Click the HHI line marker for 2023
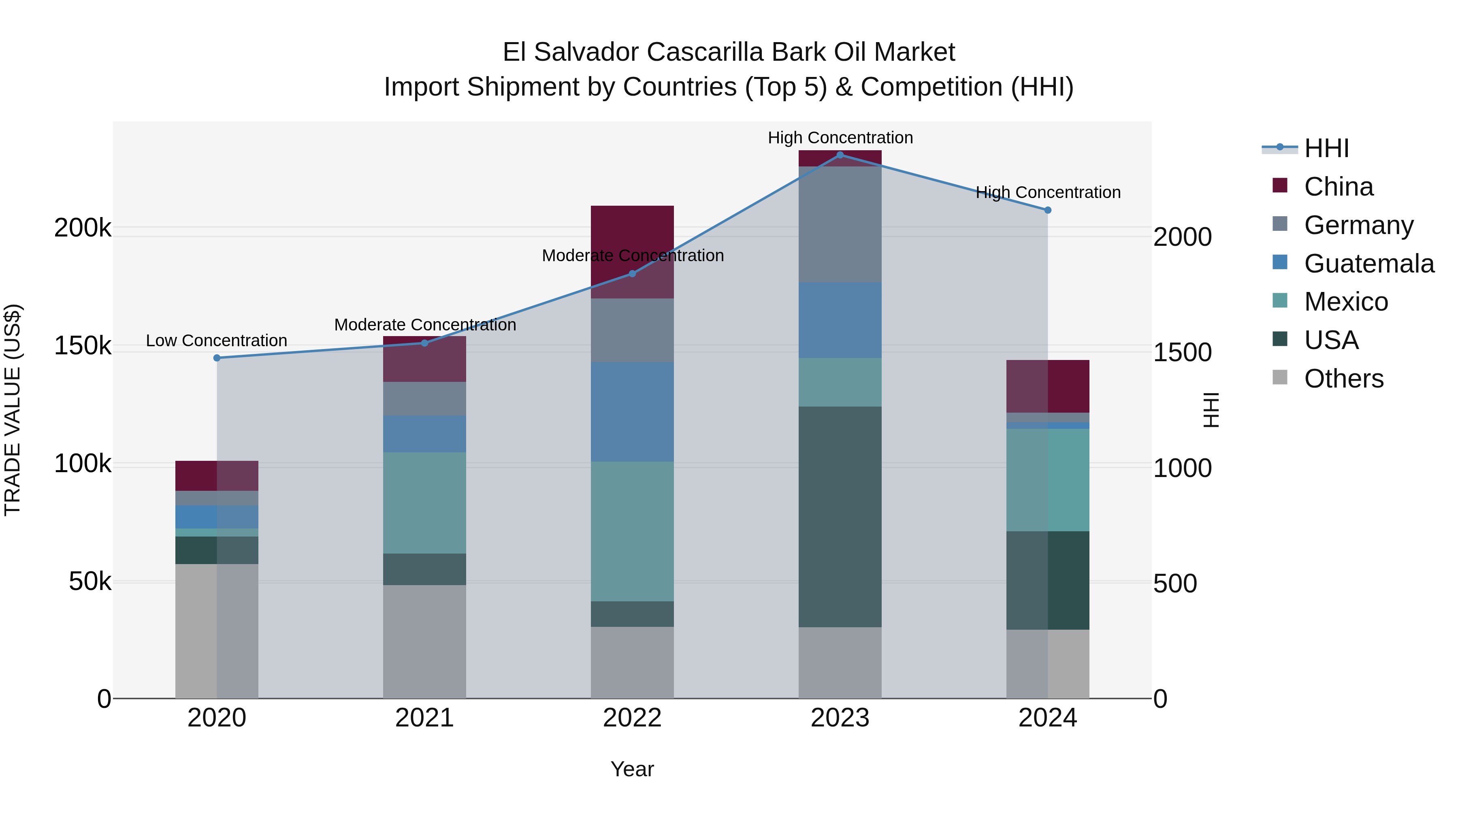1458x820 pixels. (840, 155)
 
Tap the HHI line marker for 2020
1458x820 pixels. (217, 358)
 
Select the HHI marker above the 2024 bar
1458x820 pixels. (1048, 210)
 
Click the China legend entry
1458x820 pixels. (1338, 187)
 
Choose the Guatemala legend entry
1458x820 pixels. (1368, 264)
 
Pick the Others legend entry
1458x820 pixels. (1344, 379)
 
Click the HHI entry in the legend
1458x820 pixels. (1326, 148)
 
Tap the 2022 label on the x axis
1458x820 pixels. (632, 718)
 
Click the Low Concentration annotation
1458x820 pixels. (217, 341)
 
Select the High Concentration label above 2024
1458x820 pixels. (1048, 192)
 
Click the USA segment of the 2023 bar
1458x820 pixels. (840, 516)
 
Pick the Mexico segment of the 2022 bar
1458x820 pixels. (632, 531)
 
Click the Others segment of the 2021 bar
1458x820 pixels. (424, 641)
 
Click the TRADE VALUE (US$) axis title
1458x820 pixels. (13, 410)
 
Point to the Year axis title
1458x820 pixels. (632, 769)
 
